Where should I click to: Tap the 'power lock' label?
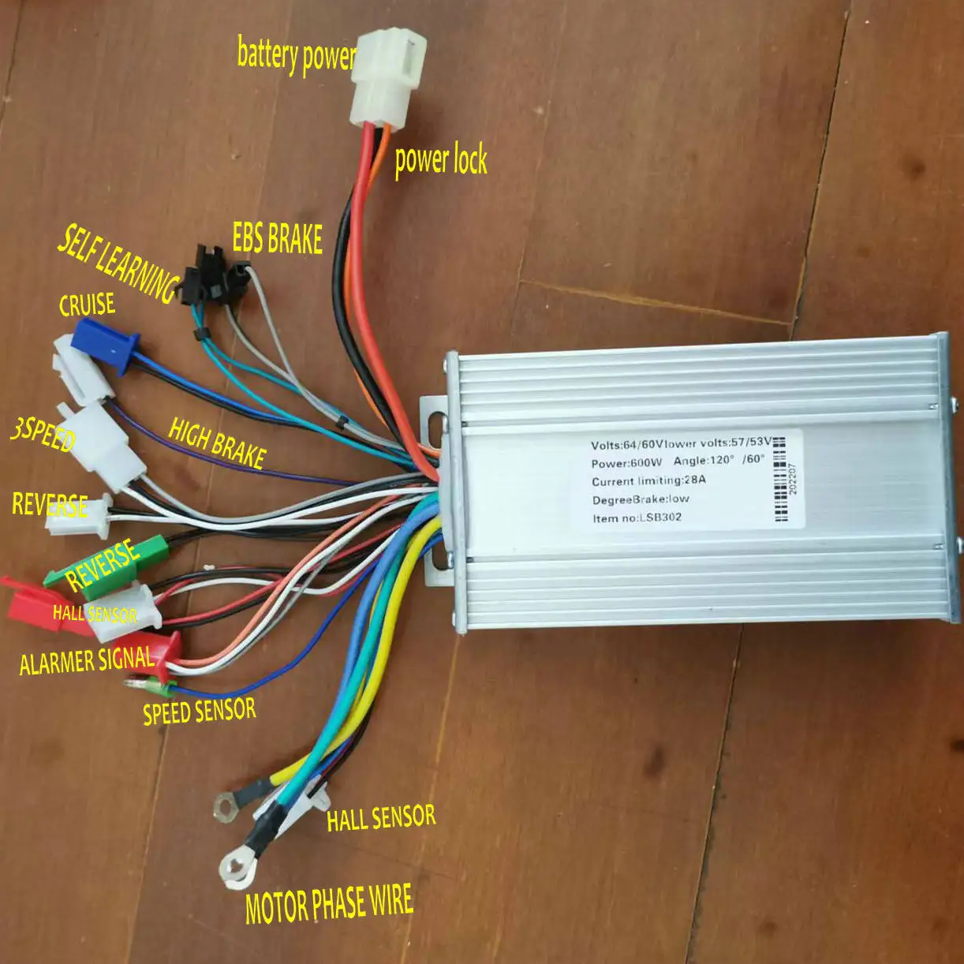[x=441, y=160]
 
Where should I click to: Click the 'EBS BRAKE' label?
[x=278, y=237]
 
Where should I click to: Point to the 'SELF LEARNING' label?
[x=118, y=262]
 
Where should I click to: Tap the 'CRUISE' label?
[x=87, y=305]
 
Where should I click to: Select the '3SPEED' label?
[x=43, y=435]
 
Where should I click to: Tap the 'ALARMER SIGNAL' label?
[x=87, y=659]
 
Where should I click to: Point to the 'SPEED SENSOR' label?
[x=200, y=711]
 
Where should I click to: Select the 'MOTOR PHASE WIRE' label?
[x=329, y=904]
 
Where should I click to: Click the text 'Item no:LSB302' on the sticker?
[x=637, y=518]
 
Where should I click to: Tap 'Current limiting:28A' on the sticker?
[x=648, y=480]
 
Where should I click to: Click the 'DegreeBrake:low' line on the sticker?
[x=641, y=499]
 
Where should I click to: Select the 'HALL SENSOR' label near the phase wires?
[x=381, y=818]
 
